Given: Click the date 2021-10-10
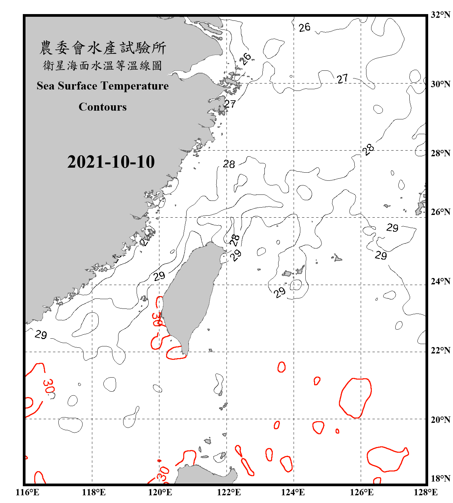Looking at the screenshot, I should (x=111, y=162).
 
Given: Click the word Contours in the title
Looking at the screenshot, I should (x=103, y=107).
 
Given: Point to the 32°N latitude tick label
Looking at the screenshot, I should (x=440, y=15).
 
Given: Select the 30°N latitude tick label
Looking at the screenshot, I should (x=440, y=84).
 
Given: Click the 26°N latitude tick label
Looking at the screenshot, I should (x=440, y=212).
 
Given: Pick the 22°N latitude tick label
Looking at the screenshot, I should (x=440, y=350).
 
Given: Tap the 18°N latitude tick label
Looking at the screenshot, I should (x=440, y=479).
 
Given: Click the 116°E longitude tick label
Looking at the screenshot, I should (x=28, y=492).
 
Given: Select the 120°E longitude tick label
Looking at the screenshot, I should (x=160, y=492).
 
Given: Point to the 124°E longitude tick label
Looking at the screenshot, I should (x=293, y=492).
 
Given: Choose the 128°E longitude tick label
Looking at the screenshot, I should (x=425, y=492).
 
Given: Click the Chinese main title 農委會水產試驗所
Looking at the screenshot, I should (x=103, y=48).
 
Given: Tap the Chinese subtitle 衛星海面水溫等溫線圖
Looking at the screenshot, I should (x=103, y=66).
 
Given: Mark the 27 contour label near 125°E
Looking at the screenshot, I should (x=342, y=79).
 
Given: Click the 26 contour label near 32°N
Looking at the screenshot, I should (x=304, y=27).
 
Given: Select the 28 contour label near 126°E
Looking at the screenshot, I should (x=368, y=150).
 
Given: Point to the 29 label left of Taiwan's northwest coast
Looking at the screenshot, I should (x=159, y=276).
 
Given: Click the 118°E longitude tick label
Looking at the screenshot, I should (x=94, y=492).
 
